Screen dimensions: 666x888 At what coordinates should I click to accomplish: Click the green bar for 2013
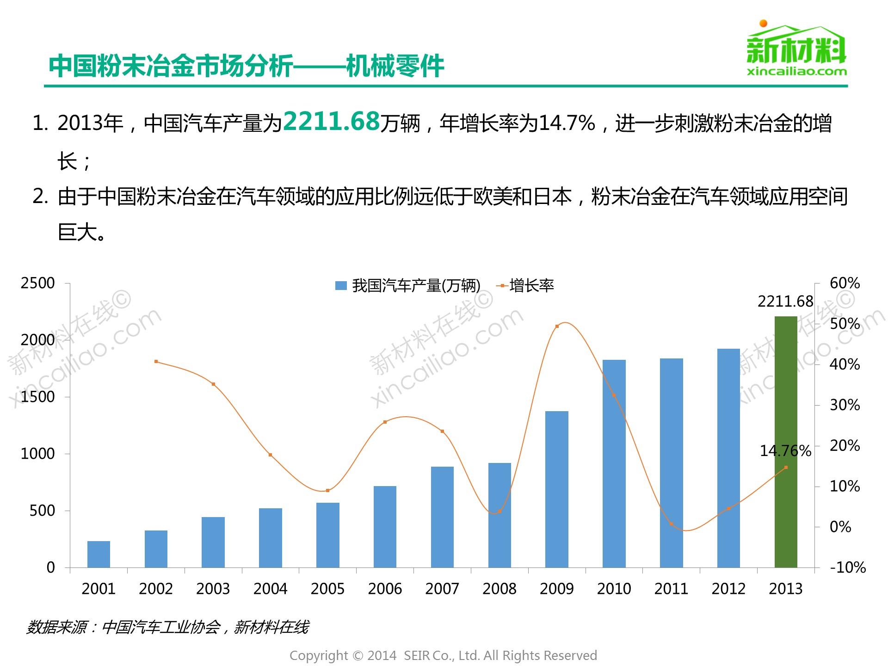(x=786, y=442)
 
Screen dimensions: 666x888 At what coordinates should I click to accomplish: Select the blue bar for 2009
(x=557, y=489)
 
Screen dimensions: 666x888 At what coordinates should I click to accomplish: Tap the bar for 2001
(x=99, y=554)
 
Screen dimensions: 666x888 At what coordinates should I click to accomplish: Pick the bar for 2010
(x=614, y=463)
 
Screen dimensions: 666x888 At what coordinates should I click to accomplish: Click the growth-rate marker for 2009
(x=557, y=327)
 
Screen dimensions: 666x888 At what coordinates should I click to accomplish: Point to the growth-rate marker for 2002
(x=156, y=362)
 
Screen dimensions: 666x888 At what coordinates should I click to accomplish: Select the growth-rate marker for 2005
(x=327, y=491)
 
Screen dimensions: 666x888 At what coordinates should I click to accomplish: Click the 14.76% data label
(x=785, y=451)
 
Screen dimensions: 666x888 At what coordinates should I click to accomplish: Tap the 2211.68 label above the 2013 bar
(x=785, y=302)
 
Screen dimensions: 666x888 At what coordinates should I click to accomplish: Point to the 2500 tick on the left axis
(x=38, y=283)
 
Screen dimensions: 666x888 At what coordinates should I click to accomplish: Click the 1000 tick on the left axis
(x=38, y=454)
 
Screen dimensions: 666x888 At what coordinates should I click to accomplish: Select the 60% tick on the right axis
(x=845, y=283)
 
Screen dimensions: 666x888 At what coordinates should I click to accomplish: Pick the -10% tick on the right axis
(x=847, y=567)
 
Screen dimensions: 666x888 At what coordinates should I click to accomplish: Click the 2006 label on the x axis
(x=385, y=589)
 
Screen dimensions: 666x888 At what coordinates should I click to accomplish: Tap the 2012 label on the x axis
(x=728, y=589)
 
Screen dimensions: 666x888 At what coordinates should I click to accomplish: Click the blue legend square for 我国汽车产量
(x=341, y=286)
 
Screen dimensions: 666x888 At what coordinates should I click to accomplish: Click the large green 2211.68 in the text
(x=331, y=121)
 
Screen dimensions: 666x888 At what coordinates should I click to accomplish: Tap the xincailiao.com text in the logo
(x=797, y=71)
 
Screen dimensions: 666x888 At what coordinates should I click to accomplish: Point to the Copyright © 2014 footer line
(x=443, y=655)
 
